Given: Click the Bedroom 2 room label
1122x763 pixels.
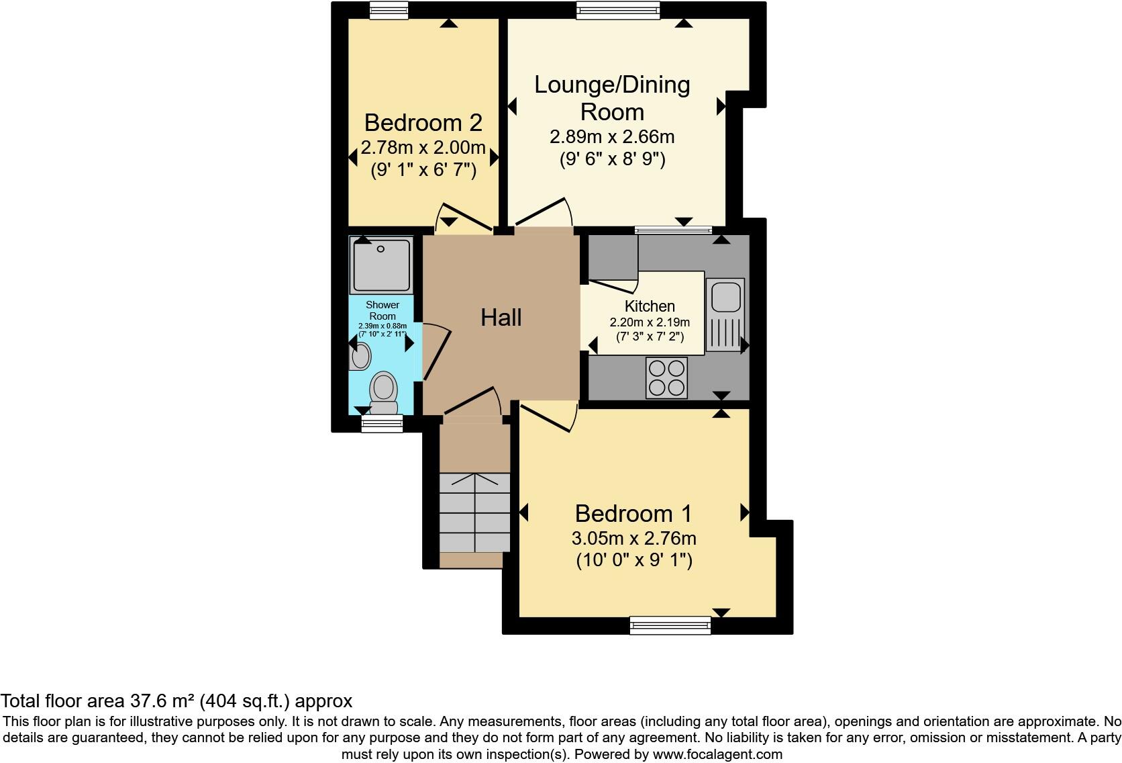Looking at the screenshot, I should click(x=423, y=123).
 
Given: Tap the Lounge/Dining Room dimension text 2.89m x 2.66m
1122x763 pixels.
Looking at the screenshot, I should click(x=611, y=137).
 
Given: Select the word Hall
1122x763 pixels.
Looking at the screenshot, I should click(x=501, y=318).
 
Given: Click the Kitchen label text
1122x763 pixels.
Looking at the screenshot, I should click(x=649, y=306).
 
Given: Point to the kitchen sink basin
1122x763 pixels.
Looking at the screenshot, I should click(x=725, y=296).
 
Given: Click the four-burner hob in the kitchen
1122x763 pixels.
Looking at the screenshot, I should click(x=666, y=377).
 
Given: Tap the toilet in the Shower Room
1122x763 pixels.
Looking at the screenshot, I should click(x=384, y=392).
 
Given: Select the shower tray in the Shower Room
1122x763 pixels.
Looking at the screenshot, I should click(x=381, y=265).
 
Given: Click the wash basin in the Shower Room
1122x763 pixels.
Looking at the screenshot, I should click(x=360, y=356).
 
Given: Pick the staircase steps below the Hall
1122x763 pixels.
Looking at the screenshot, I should click(x=474, y=512).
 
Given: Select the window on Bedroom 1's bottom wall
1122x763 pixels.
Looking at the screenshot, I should click(x=670, y=625).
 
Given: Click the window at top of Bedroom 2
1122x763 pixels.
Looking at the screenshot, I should click(x=389, y=9).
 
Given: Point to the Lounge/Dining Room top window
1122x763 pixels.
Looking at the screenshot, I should click(x=618, y=9).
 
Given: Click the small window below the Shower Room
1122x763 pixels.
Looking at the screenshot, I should click(x=382, y=422).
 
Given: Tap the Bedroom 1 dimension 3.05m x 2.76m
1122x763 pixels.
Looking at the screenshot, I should click(x=633, y=539).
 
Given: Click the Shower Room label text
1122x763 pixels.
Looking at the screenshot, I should click(x=382, y=310).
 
